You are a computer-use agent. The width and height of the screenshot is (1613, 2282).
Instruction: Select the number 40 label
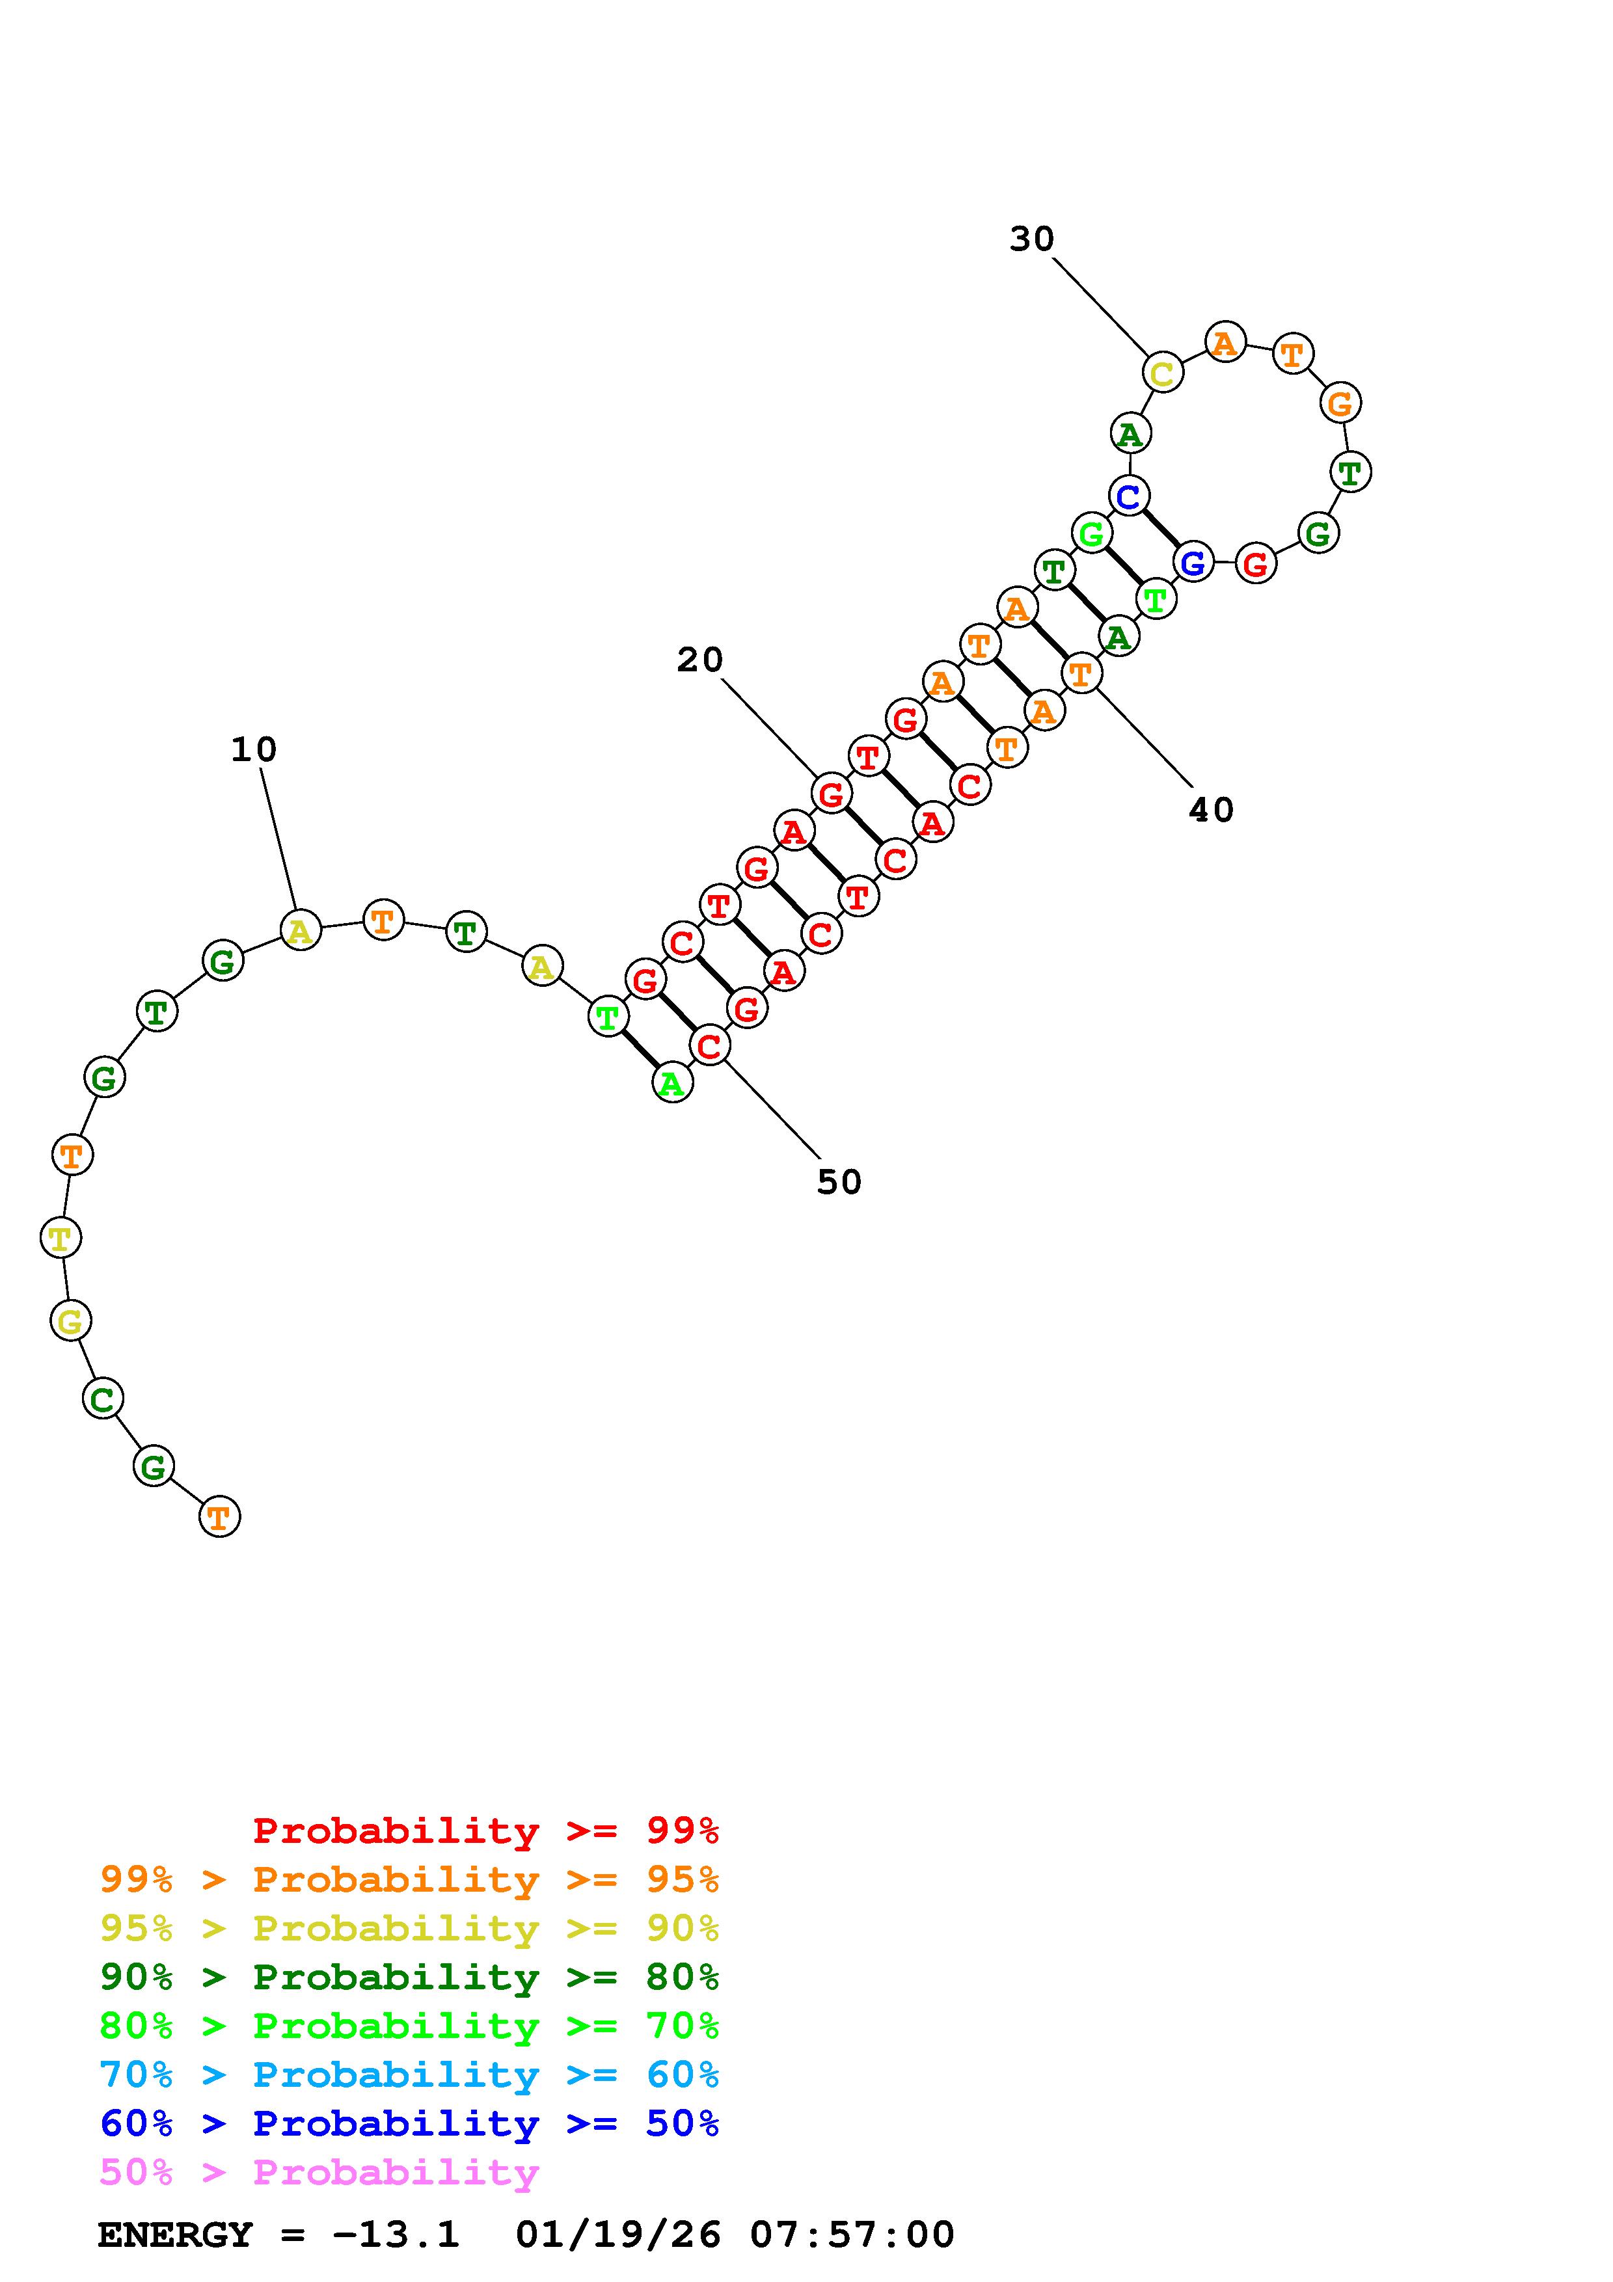click(1212, 810)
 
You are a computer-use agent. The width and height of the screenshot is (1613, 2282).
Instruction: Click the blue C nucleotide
click(1129, 495)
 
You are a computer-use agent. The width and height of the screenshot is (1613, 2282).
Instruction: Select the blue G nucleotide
click(1193, 563)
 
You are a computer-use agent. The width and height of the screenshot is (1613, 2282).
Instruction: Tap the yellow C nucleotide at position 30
click(1162, 373)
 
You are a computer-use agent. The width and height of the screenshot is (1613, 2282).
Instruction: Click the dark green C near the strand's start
click(102, 1399)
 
